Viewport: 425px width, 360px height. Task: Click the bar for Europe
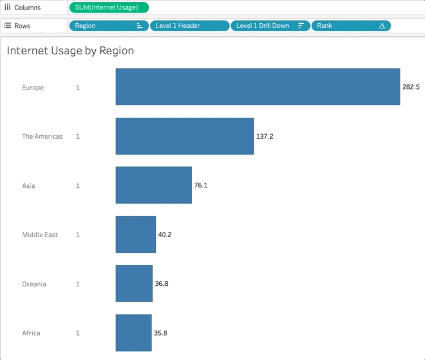tap(258, 87)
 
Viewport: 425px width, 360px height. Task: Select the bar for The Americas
tap(185, 136)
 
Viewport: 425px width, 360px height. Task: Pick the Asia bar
tap(154, 185)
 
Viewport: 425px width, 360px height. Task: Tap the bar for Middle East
tap(135, 234)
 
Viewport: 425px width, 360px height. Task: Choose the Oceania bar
tap(134, 284)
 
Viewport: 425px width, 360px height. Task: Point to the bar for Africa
tap(134, 333)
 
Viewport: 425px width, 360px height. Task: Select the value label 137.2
tap(265, 136)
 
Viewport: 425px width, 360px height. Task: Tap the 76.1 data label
tap(201, 185)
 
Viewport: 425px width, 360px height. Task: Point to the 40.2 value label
tap(165, 234)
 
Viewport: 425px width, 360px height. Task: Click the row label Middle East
tap(40, 235)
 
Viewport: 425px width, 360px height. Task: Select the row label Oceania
tap(34, 284)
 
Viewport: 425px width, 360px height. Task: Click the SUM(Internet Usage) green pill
tap(109, 8)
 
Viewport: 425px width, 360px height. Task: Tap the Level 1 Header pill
tap(189, 26)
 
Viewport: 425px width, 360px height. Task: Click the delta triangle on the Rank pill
tap(382, 26)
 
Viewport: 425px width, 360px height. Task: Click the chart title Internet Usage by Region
tap(70, 51)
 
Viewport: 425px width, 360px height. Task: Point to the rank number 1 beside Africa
tap(78, 333)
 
